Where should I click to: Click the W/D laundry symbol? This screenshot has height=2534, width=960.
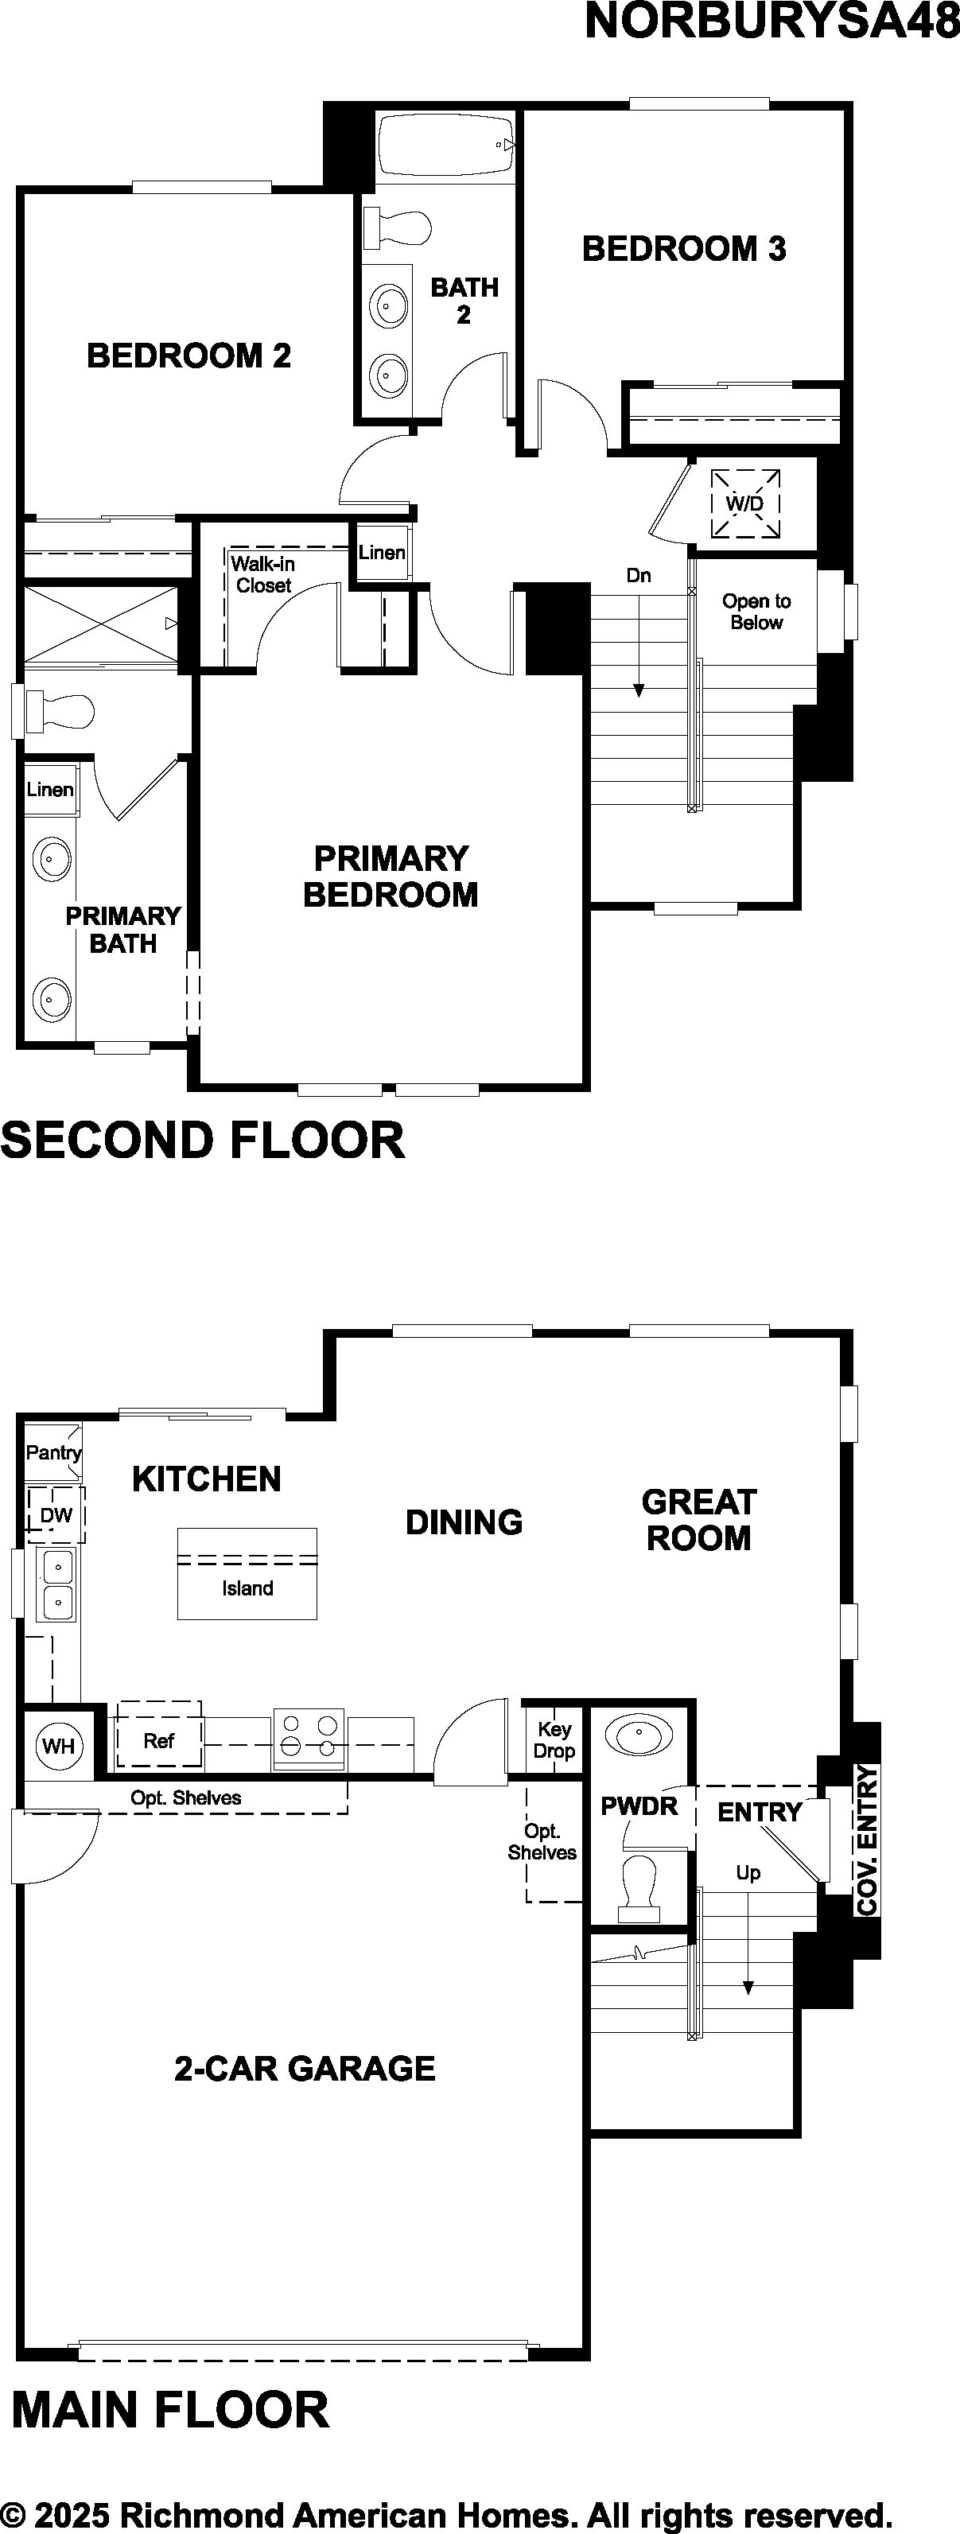(x=745, y=503)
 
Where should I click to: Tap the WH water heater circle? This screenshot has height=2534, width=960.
(x=59, y=1746)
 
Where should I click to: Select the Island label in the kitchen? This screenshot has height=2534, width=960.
(x=247, y=1588)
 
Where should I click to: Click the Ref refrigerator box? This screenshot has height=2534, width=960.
(x=159, y=1741)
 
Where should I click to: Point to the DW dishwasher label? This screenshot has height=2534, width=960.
(x=56, y=1516)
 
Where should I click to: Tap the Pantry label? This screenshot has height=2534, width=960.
(x=53, y=1453)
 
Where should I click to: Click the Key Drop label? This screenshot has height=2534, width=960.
(x=554, y=1740)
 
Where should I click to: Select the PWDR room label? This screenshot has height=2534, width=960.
(x=639, y=1806)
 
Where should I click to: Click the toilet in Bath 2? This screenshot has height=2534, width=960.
(x=398, y=228)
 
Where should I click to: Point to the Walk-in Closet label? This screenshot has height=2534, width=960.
(x=262, y=574)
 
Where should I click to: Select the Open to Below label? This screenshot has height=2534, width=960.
(x=756, y=612)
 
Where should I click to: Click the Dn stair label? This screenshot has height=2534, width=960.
(x=639, y=576)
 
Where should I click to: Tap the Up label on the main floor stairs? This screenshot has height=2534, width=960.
(x=748, y=1873)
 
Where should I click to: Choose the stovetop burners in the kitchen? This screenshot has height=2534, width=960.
(x=309, y=1736)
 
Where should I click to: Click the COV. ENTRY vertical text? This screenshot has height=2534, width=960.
(x=867, y=1840)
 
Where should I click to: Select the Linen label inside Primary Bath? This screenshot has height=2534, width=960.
(x=50, y=789)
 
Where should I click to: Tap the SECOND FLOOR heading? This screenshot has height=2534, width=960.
(x=203, y=1140)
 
